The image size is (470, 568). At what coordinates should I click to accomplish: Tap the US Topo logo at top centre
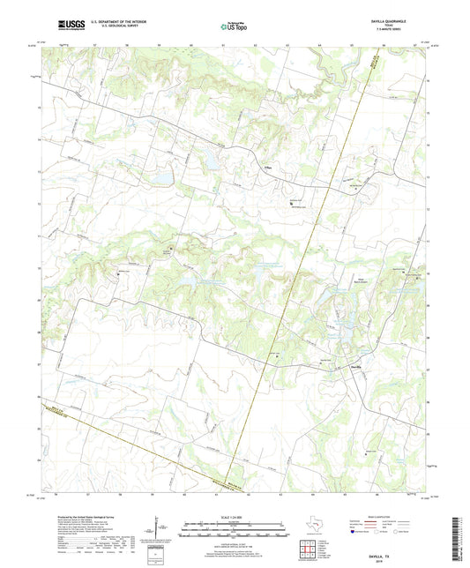[x=233, y=27]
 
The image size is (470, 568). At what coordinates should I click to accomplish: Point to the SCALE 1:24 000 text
[x=234, y=516]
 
